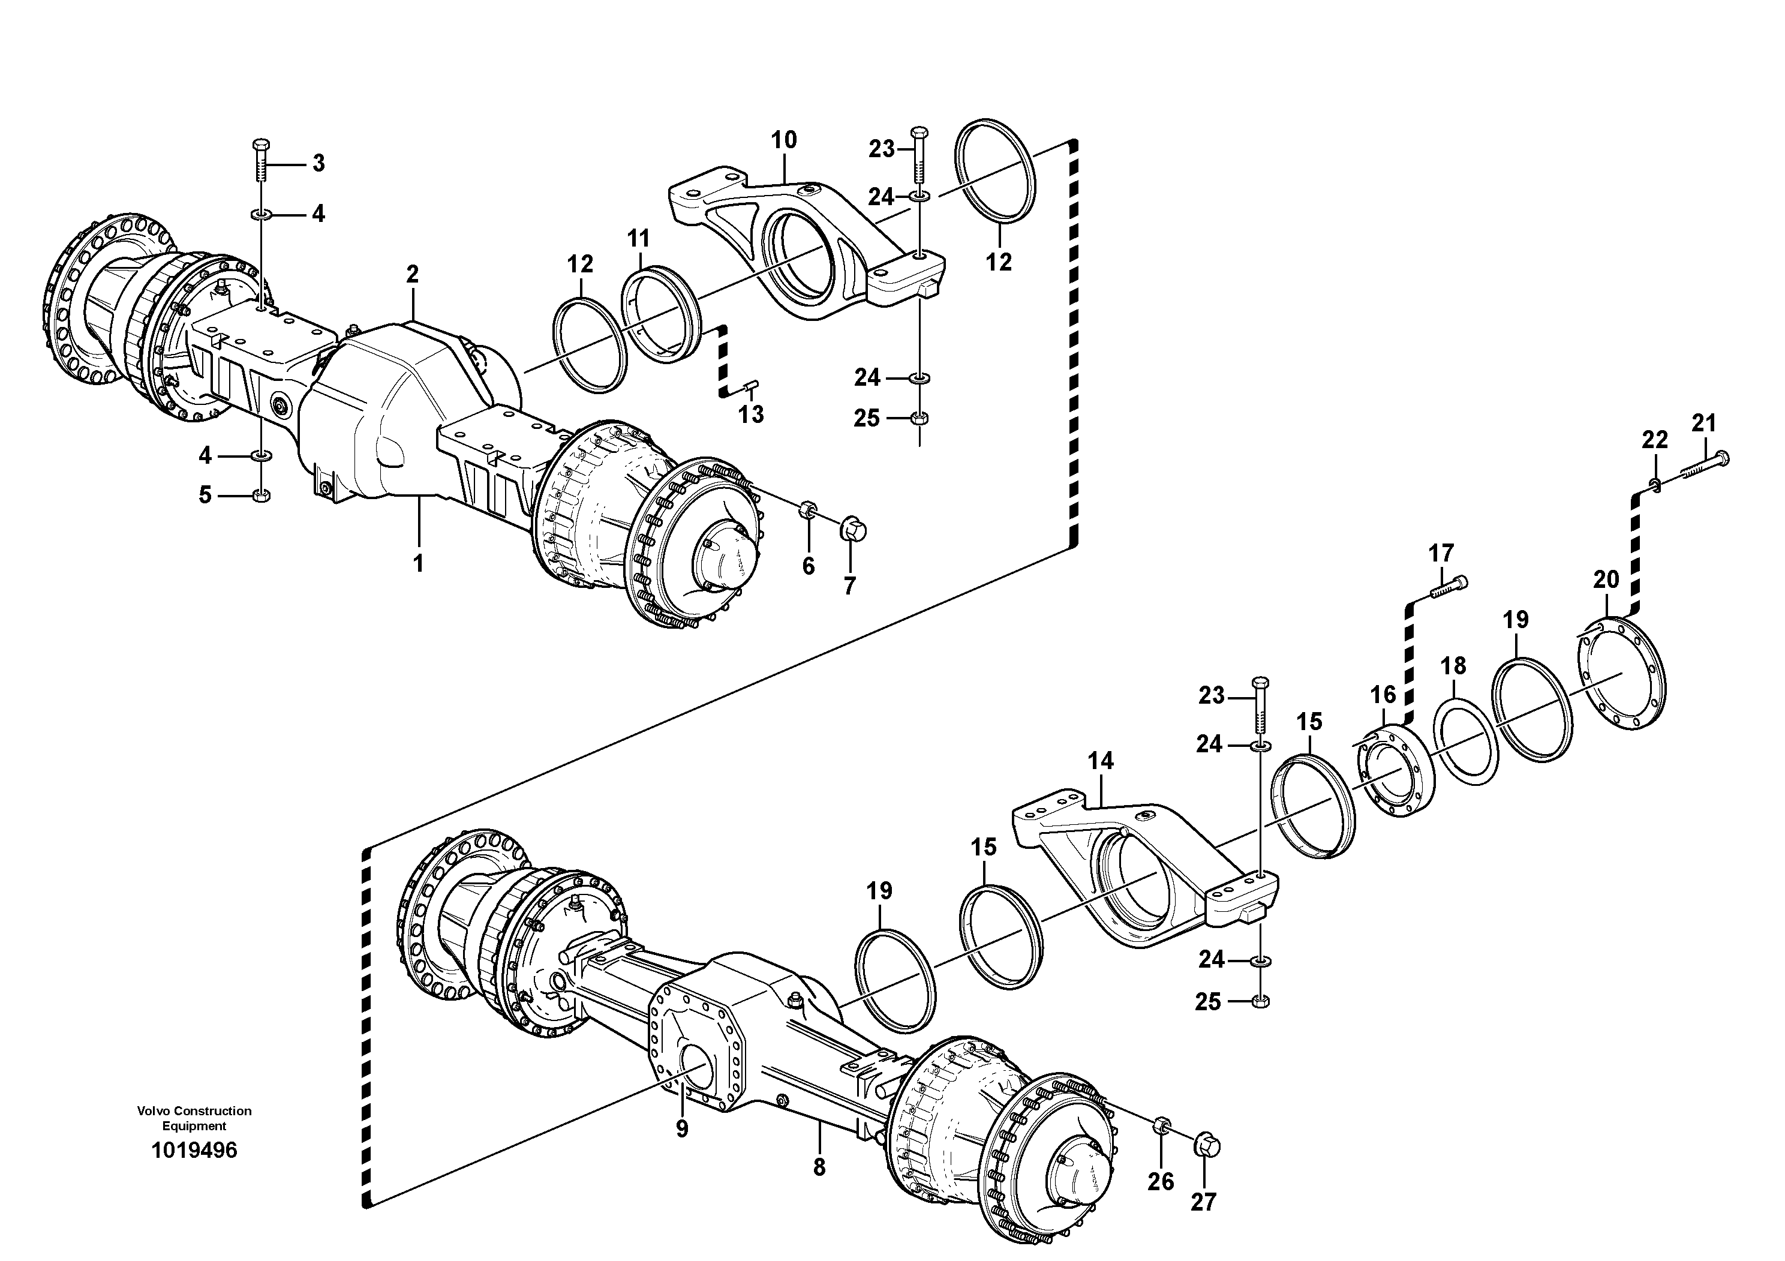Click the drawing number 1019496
(194, 1151)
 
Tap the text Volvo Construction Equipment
(194, 1118)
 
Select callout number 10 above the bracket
(784, 141)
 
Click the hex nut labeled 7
(853, 531)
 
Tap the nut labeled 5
(262, 496)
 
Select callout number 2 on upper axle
(412, 274)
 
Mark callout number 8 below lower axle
(819, 1167)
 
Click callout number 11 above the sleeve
(638, 238)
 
